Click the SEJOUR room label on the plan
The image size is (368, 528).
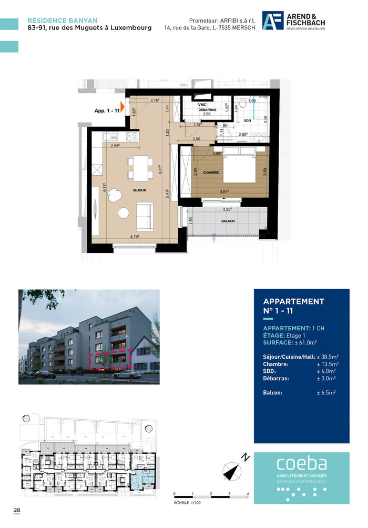pyautogui.click(x=139, y=190)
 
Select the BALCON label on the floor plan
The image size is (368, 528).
pyautogui.click(x=228, y=221)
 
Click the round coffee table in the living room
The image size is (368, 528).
pyautogui.click(x=124, y=213)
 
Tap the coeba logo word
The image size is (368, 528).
pyautogui.click(x=302, y=464)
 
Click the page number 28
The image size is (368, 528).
pyautogui.click(x=17, y=511)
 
